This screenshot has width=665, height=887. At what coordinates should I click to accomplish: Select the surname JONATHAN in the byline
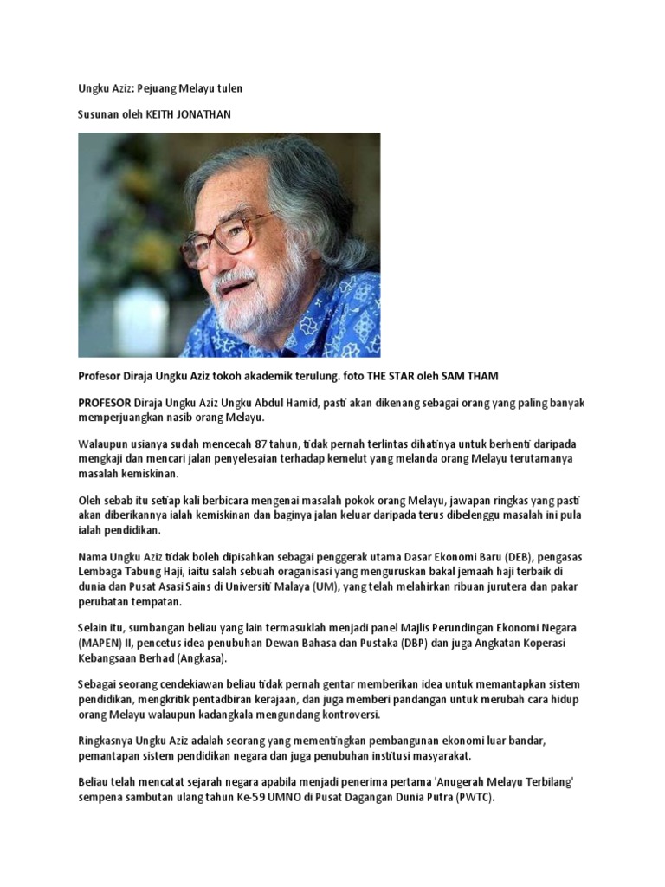(x=206, y=113)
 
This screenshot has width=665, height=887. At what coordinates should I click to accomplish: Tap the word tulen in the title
(x=229, y=89)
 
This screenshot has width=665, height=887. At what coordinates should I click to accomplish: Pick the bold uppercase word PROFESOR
(x=105, y=404)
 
